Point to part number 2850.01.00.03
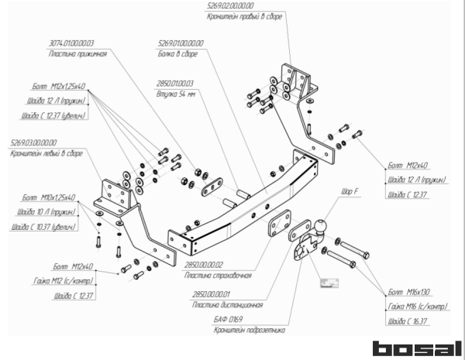175,83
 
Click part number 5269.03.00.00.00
35,142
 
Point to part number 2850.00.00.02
201,265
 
